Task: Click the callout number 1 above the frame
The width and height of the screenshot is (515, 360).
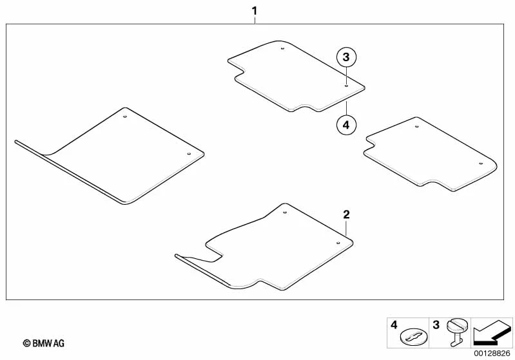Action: click(x=254, y=11)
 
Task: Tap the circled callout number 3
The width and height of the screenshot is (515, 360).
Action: click(x=346, y=57)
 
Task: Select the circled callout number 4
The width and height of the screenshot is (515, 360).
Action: click(x=346, y=125)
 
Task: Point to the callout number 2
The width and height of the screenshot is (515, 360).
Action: click(x=346, y=215)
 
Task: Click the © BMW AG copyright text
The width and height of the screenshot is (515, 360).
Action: click(x=44, y=343)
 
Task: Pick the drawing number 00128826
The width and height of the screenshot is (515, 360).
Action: click(x=492, y=354)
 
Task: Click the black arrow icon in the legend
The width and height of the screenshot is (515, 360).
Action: click(x=492, y=333)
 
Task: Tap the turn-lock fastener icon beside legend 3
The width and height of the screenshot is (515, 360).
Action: click(x=456, y=332)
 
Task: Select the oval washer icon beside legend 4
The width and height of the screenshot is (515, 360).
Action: click(x=414, y=337)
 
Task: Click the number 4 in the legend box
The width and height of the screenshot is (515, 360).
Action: click(x=394, y=325)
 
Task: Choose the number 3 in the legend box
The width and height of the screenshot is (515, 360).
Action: click(x=436, y=325)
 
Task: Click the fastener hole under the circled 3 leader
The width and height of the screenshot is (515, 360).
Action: click(x=347, y=86)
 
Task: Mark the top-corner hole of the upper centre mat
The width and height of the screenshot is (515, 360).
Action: click(x=282, y=49)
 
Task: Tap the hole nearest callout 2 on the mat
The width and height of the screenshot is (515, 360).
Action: click(x=338, y=243)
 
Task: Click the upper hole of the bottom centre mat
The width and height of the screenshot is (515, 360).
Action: click(x=285, y=213)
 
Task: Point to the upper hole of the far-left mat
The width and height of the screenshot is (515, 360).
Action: click(x=125, y=117)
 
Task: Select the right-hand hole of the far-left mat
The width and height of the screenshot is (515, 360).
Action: click(x=189, y=153)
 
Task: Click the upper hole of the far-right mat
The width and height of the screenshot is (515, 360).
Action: click(x=417, y=126)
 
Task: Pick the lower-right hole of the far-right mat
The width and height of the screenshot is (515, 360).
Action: click(x=481, y=164)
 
